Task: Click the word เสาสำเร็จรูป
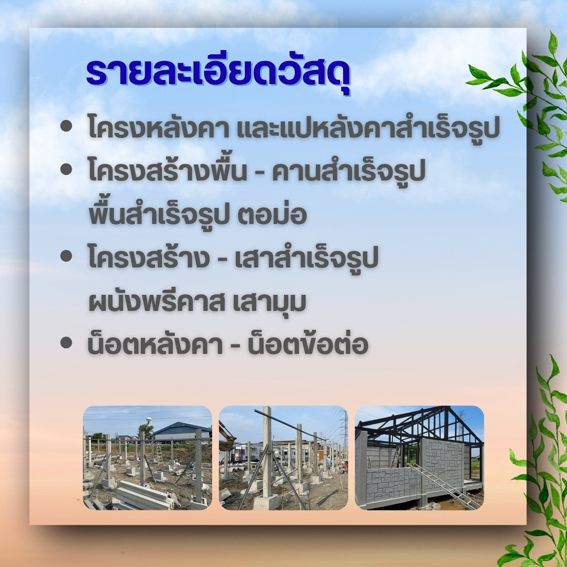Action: tap(306, 258)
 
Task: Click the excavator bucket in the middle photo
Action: tap(227, 445)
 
